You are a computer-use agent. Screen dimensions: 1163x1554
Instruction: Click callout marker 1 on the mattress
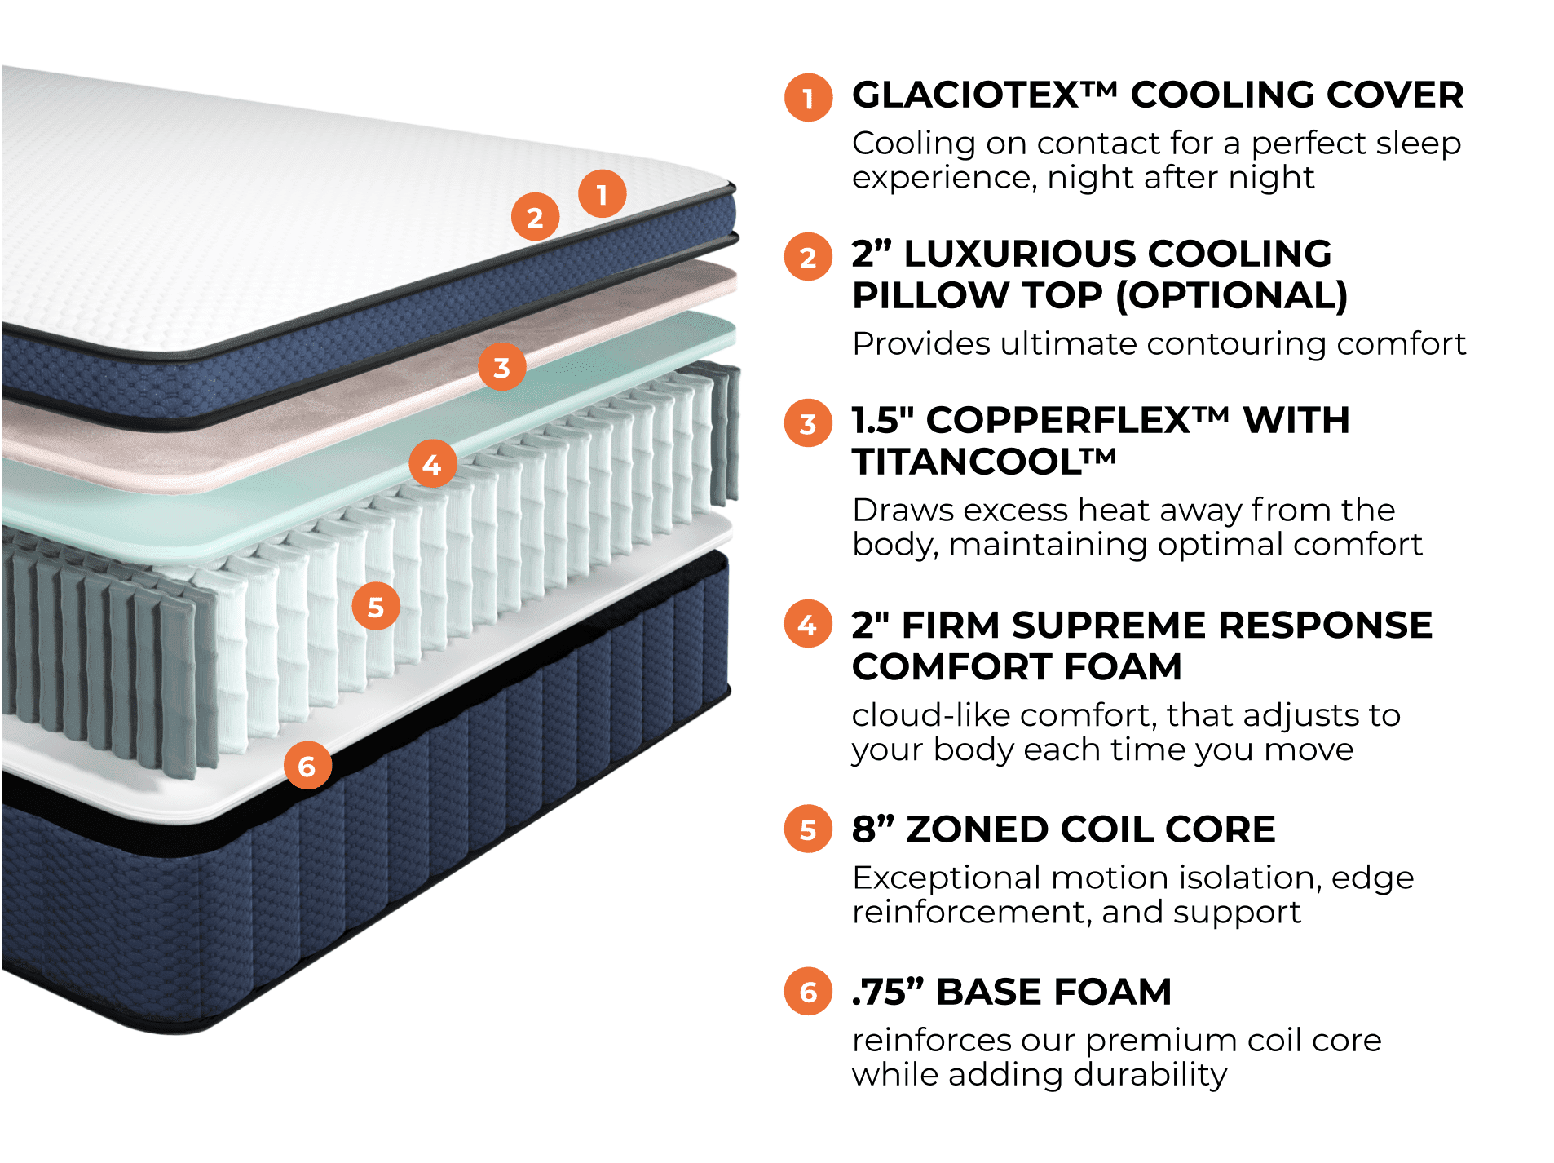point(602,194)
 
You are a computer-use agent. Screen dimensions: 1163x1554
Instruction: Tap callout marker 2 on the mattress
point(535,217)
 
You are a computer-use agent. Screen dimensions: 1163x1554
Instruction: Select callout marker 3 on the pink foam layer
point(501,367)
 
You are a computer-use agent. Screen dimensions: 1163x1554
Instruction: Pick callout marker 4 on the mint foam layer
point(432,463)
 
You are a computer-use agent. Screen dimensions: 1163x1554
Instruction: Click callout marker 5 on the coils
point(376,606)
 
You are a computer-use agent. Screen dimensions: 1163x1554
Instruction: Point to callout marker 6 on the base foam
point(307,766)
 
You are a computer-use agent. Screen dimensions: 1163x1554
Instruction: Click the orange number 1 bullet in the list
point(808,98)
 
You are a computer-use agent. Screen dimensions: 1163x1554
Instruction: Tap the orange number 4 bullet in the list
point(808,625)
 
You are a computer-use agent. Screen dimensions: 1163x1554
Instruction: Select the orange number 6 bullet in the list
point(808,992)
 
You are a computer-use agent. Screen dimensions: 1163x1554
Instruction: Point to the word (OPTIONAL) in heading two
point(1231,295)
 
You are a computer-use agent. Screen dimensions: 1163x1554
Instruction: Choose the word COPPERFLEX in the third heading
point(1059,421)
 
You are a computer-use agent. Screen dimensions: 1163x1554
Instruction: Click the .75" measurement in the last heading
point(888,993)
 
